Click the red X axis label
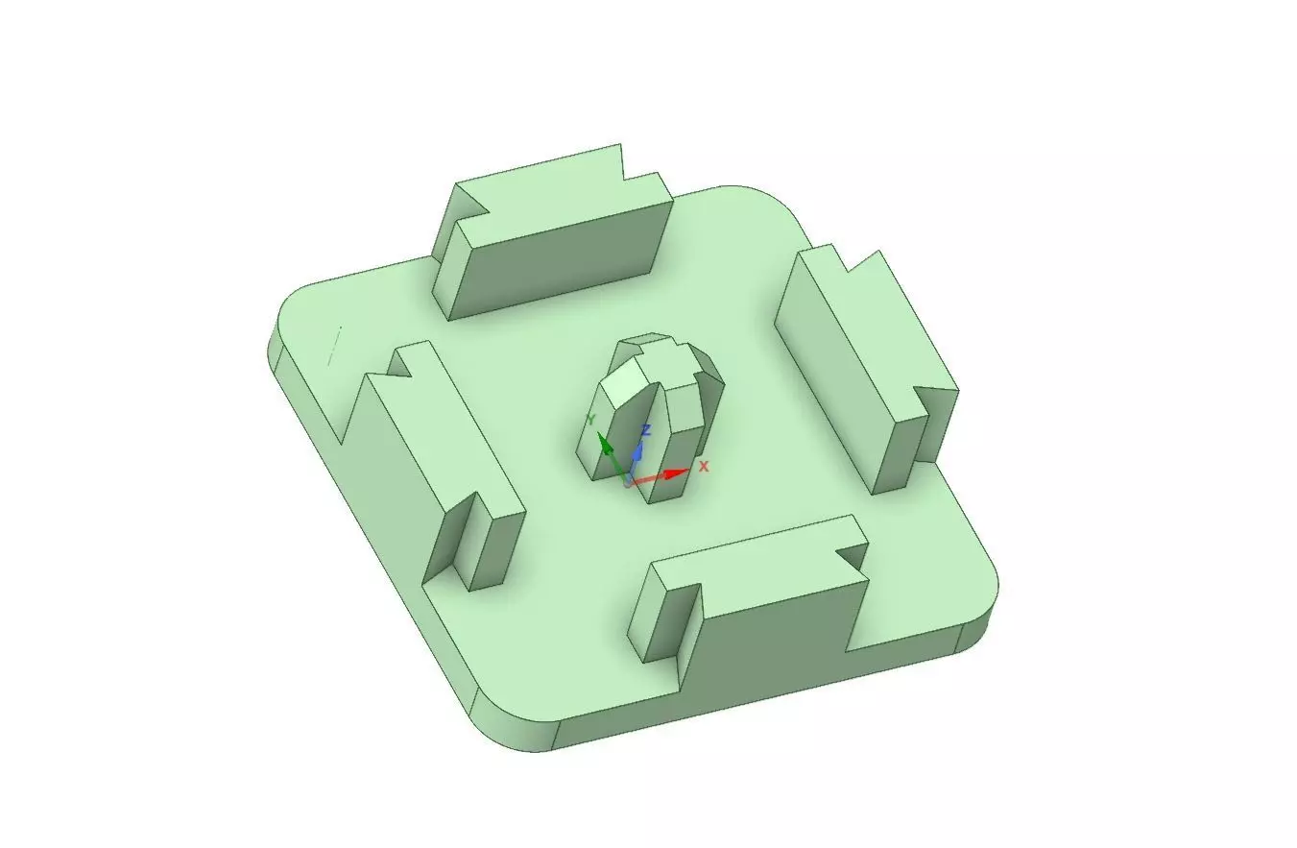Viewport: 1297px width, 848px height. (704, 466)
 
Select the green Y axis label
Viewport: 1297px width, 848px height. (592, 420)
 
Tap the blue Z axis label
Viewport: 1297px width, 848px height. (647, 431)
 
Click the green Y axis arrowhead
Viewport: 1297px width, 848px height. (604, 443)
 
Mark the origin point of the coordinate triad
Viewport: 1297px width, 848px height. (629, 480)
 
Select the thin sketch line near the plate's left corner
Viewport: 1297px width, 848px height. (335, 346)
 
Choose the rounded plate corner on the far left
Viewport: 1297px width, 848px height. (288, 307)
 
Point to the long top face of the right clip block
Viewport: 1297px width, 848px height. (864, 327)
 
